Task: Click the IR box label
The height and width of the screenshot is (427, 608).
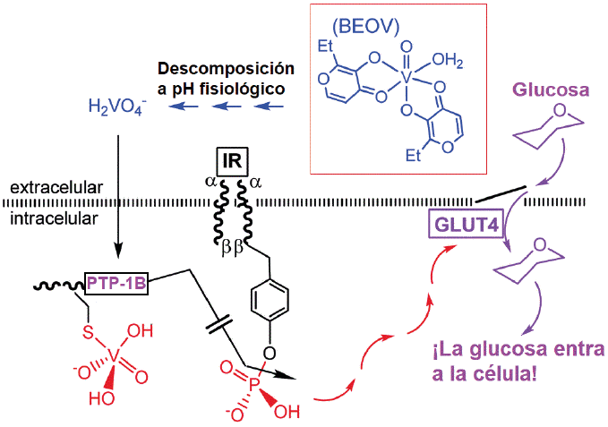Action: (x=232, y=162)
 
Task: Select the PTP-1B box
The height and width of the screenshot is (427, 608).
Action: (x=116, y=283)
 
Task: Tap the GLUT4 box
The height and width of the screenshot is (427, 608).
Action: (x=467, y=224)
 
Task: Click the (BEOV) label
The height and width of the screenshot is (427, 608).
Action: (x=365, y=27)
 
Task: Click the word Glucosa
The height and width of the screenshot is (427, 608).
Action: (x=552, y=90)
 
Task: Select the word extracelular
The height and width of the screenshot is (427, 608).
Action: (x=56, y=187)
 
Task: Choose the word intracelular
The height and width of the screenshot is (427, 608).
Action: (x=55, y=218)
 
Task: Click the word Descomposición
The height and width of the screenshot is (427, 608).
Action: (x=226, y=69)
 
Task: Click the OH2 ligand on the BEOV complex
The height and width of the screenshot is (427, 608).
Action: (x=448, y=61)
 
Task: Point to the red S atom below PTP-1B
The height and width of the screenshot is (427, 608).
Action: (x=89, y=332)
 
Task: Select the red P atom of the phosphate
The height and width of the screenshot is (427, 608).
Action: (x=253, y=385)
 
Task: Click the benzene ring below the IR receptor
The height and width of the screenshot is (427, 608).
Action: (x=270, y=300)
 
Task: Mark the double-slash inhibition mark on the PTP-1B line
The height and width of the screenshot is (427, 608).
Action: (x=218, y=325)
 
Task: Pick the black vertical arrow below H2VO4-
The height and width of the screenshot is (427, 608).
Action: (x=118, y=196)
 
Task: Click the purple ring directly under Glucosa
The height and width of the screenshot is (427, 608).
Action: (x=549, y=127)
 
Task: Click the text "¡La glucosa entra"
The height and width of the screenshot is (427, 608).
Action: (x=518, y=349)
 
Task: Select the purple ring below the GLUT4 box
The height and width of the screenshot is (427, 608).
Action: (x=529, y=260)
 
